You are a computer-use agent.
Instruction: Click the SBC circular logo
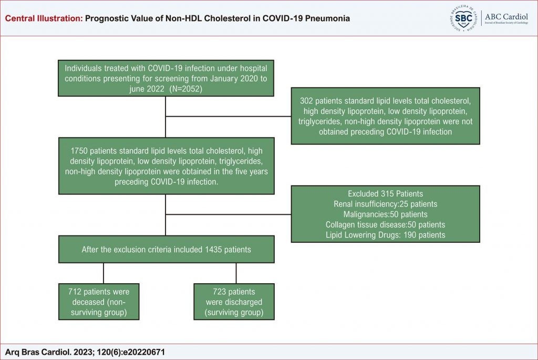click(463, 18)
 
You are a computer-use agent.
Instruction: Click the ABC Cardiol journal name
click(506, 16)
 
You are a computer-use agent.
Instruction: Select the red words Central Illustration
click(44, 18)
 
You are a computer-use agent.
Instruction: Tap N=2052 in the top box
click(185, 88)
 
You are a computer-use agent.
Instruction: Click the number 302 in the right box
click(306, 101)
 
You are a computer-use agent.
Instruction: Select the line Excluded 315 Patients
click(385, 193)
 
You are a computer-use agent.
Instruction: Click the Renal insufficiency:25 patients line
click(385, 204)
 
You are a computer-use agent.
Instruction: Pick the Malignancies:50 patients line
click(385, 214)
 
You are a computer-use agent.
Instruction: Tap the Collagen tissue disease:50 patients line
click(385, 225)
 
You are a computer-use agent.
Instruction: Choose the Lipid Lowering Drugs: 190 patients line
click(385, 235)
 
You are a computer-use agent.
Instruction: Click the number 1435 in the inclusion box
click(213, 250)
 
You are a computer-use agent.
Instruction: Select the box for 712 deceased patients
click(99, 302)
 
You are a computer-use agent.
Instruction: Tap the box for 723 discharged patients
click(234, 302)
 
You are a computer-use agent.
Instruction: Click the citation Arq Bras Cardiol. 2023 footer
click(85, 352)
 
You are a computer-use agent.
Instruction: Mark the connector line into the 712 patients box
click(104, 273)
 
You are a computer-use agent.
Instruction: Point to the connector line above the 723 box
click(236, 273)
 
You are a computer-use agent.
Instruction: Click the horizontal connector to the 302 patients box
click(228, 116)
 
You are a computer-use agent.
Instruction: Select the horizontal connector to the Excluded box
click(228, 214)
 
